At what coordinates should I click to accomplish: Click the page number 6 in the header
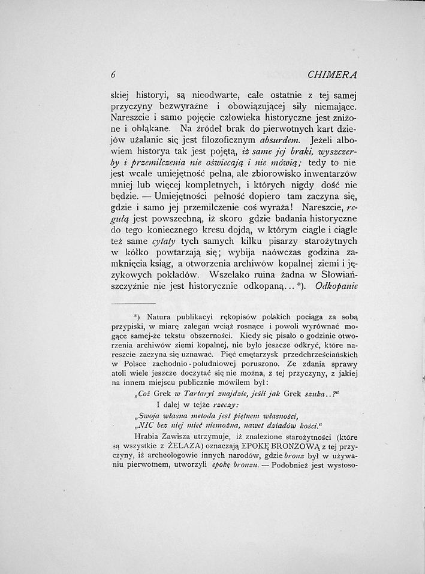click(113, 75)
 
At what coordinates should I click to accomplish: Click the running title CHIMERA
click(331, 75)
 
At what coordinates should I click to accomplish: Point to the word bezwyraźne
click(182, 105)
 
